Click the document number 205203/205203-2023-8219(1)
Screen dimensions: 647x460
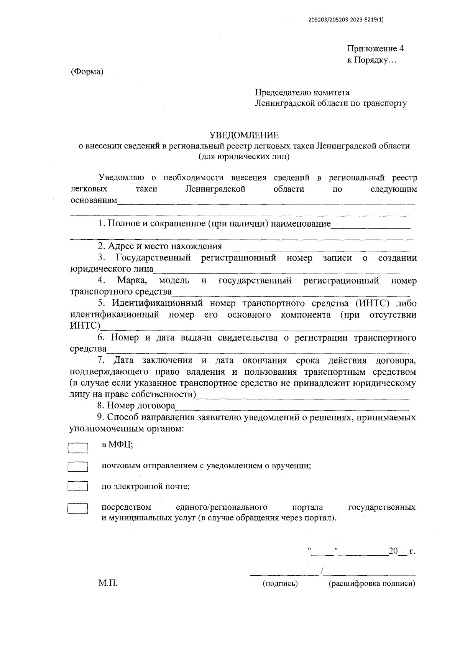point(345,21)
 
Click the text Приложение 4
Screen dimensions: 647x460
point(375,49)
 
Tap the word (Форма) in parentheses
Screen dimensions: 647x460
point(87,72)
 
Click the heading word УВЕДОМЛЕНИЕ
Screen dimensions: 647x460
point(244,135)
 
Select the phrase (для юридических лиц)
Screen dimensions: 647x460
point(244,156)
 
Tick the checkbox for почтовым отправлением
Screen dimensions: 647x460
point(78,467)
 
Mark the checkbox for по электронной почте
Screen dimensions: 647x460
point(78,486)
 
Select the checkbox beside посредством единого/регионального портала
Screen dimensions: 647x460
point(78,509)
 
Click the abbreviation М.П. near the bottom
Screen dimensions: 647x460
point(108,583)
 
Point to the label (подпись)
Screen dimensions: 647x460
point(280,584)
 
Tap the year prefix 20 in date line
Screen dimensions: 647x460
point(393,551)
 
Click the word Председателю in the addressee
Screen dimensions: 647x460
point(283,92)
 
